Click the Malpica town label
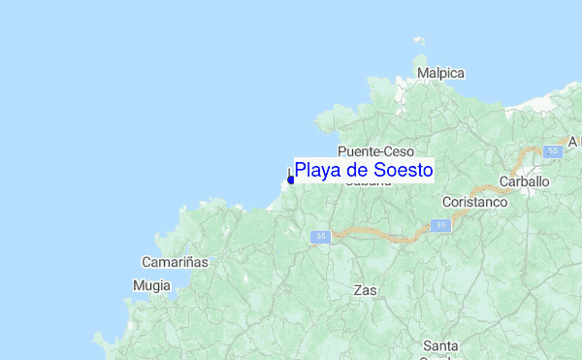pos(440,74)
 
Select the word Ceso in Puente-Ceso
pos(399,151)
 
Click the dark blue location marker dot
pos(291,180)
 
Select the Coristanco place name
pos(474,202)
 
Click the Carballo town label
pos(524,181)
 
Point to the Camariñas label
pos(176,262)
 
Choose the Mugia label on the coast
pos(150,286)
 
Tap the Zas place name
pos(365,290)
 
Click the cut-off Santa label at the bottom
pos(440,346)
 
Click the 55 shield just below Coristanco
pos(441,225)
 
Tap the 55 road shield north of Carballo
pos(552,151)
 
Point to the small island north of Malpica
pos(419,42)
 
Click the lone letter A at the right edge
pos(573,142)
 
